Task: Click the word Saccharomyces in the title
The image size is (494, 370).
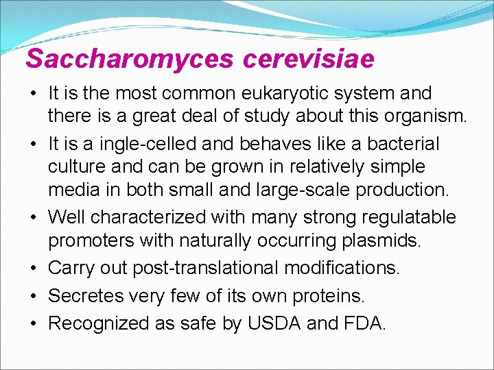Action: (130, 59)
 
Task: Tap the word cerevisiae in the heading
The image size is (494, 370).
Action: (309, 59)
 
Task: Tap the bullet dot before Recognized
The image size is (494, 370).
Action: (33, 323)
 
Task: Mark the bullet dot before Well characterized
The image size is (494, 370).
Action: (33, 218)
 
